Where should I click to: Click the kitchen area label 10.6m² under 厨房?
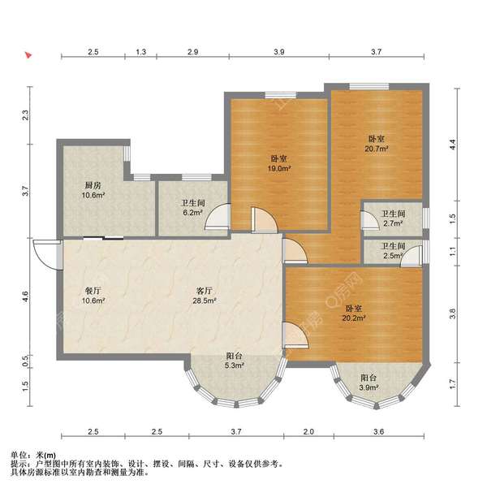[93, 195]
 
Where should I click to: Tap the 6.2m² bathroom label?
[192, 213]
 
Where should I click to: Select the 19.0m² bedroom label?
[279, 168]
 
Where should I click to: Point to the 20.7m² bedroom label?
[377, 149]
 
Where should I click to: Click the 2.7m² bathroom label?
[393, 223]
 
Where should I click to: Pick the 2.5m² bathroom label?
[393, 256]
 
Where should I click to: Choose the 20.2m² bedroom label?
[354, 318]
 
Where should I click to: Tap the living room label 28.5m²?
[205, 301]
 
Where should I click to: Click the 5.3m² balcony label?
[235, 365]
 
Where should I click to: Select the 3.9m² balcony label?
[368, 387]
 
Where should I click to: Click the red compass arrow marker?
[29, 56]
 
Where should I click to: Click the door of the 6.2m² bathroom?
[218, 216]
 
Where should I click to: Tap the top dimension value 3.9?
[279, 52]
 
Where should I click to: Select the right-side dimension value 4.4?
[452, 145]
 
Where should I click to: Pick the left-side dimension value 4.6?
[25, 297]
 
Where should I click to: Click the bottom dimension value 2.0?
[308, 432]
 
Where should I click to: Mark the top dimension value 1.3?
[140, 52]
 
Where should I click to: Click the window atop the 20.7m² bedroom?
[368, 86]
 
